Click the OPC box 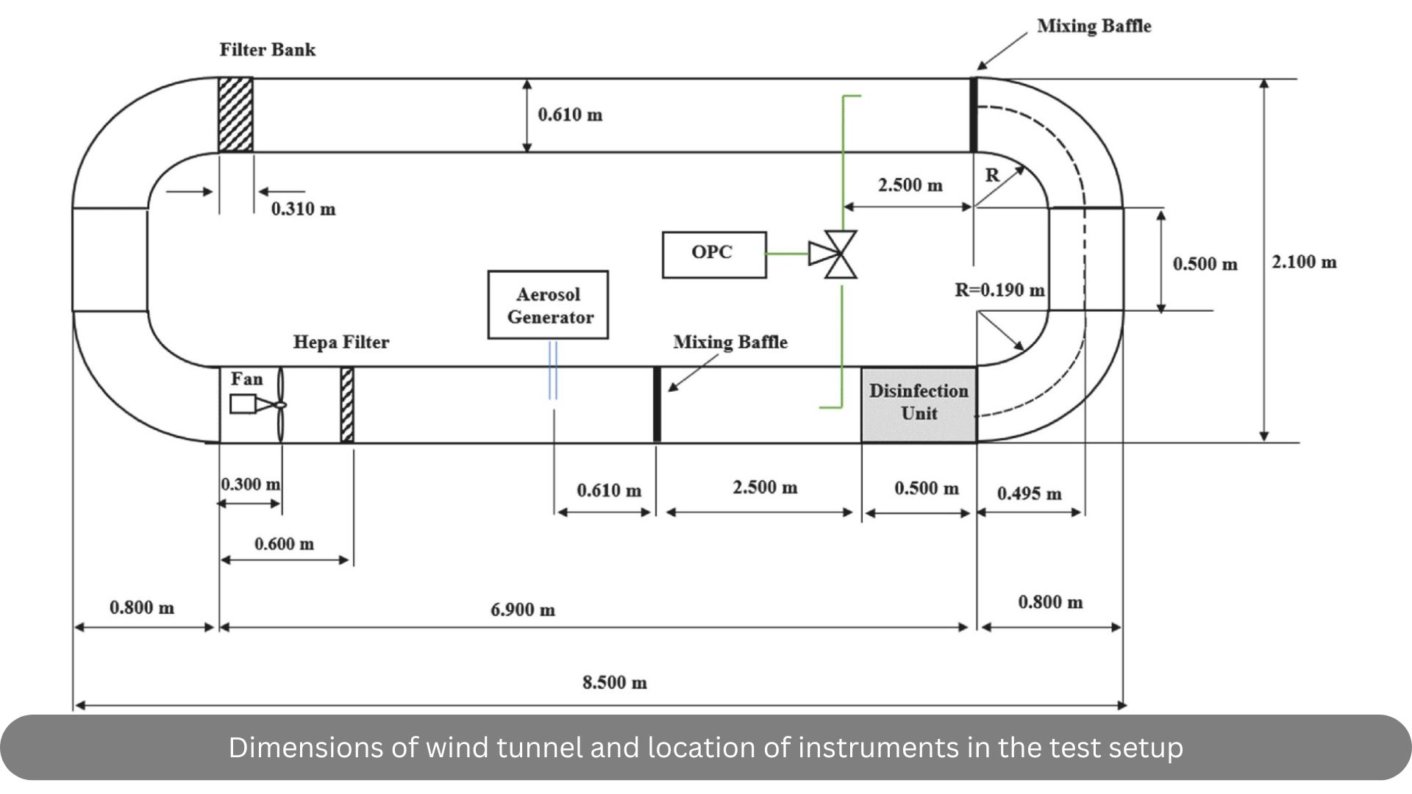[x=713, y=254]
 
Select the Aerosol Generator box [x=548, y=305]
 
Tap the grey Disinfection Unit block [x=919, y=404]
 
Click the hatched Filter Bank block [x=235, y=115]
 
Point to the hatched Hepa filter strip [x=347, y=404]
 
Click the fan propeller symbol [x=280, y=404]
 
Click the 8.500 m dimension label [x=615, y=682]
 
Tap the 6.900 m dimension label [x=523, y=609]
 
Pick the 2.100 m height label [x=1304, y=262]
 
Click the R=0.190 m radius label [x=999, y=290]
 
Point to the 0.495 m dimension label [x=1029, y=493]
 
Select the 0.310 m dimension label [x=303, y=209]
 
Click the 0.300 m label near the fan [x=251, y=484]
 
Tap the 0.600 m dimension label [x=284, y=544]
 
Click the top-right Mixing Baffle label [x=1094, y=26]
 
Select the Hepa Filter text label [x=341, y=342]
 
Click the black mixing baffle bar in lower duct [x=657, y=404]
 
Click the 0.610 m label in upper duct [x=570, y=115]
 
